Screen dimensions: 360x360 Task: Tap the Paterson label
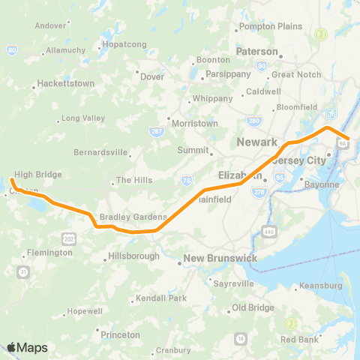[257, 52]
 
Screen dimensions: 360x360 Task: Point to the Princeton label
[119, 334]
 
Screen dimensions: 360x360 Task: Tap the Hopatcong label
[123, 45]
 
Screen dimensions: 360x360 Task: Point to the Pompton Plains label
[269, 28]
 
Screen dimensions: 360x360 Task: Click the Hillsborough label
[134, 256]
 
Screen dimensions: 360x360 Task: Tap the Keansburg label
[321, 286]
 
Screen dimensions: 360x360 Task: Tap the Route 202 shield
[69, 238]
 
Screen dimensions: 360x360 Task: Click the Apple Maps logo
[27, 347]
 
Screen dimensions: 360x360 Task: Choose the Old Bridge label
[253, 307]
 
